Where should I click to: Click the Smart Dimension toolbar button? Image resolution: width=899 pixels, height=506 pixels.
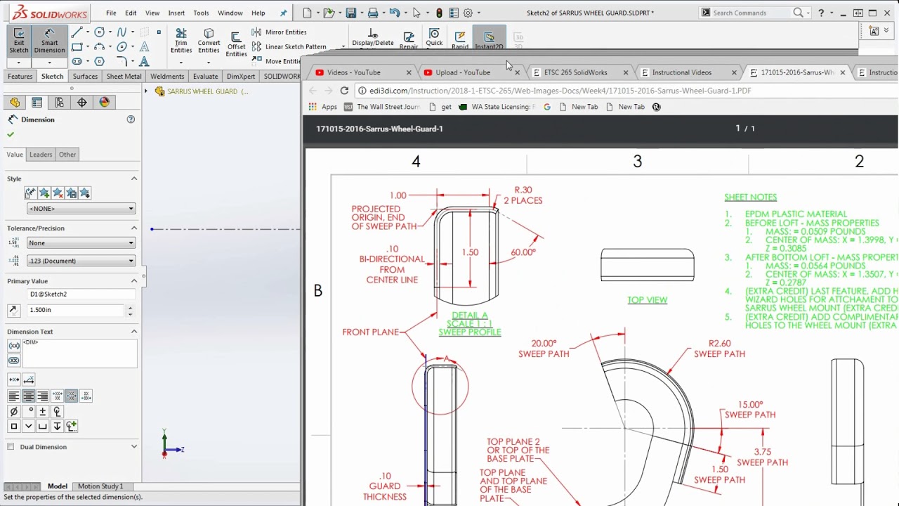pos(49,41)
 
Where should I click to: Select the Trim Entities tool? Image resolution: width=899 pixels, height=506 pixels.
pos(181,41)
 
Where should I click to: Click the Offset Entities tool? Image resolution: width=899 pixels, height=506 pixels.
pos(236,44)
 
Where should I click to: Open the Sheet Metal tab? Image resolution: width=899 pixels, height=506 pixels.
pos(124,76)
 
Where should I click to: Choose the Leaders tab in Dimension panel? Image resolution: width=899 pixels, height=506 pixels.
pos(41,155)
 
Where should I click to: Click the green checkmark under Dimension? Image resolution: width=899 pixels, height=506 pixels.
pos(11,134)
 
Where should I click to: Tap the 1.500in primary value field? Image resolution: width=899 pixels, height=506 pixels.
pos(76,310)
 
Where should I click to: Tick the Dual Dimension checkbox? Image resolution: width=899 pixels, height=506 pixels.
pos(11,447)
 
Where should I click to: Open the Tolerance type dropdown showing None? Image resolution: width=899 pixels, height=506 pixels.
pos(81,243)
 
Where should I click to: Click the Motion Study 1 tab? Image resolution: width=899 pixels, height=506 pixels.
pos(100,486)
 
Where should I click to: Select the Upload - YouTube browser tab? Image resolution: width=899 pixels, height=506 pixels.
pos(463,72)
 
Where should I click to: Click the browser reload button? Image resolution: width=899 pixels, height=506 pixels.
pos(344,91)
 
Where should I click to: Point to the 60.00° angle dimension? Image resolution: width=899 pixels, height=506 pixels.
pos(523,252)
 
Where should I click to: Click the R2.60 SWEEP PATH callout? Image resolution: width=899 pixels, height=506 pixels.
pos(719,349)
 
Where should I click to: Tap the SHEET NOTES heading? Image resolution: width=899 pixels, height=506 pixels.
pos(750,197)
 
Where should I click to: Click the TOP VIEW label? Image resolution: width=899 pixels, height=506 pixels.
pos(647,300)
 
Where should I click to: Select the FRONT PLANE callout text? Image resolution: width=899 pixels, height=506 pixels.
pos(370,332)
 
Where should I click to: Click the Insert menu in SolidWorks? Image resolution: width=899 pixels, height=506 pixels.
pos(176,13)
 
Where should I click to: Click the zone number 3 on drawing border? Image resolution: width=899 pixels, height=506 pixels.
pos(637,162)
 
